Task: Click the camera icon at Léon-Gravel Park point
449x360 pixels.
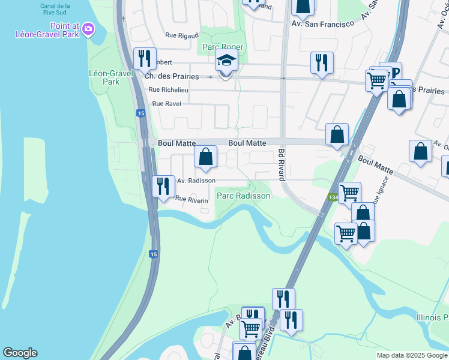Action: pos(88,28)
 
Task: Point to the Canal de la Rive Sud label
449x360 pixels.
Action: pos(55,9)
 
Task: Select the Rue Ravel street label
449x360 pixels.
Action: pos(166,104)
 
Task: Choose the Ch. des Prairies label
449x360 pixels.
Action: pos(167,76)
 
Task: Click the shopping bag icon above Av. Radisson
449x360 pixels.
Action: pos(205,157)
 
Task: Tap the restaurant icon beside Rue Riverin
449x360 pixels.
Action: pos(162,186)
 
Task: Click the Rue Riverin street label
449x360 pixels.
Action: pos(191,199)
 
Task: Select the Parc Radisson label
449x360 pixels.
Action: pos(243,196)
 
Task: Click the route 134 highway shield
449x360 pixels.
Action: pos(333,197)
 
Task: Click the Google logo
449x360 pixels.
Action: pos(20,353)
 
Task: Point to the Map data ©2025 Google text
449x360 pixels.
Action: pos(411,355)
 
